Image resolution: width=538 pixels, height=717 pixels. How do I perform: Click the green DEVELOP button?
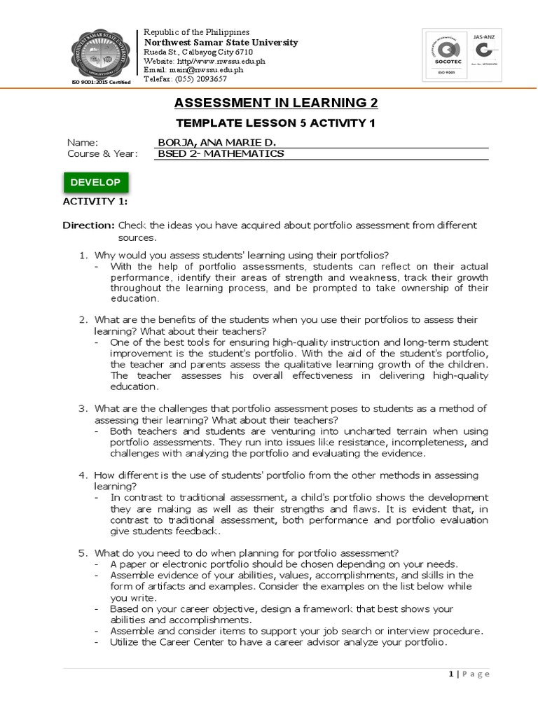(x=95, y=183)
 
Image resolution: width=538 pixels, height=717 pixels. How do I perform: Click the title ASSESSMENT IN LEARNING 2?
(x=275, y=104)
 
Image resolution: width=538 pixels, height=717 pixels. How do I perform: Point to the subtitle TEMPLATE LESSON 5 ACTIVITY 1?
(x=275, y=123)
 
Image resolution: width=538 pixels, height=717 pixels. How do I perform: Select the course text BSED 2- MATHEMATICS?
(x=221, y=153)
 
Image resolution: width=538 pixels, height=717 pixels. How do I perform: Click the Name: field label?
(x=83, y=142)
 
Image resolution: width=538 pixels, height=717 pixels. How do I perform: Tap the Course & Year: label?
(x=102, y=153)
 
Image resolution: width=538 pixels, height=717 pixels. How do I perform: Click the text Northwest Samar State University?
(x=221, y=43)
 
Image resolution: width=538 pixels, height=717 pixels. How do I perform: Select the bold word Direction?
(x=88, y=225)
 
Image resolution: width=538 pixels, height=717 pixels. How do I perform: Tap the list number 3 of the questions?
(x=82, y=408)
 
